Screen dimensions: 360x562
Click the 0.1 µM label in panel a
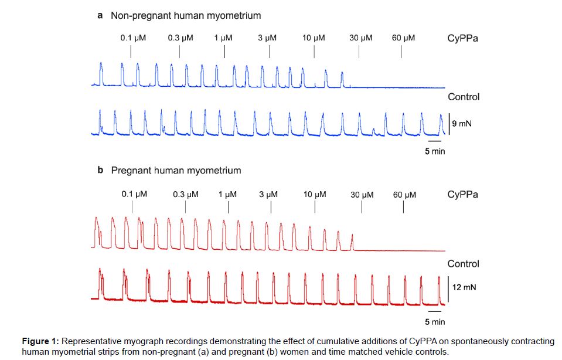point(133,38)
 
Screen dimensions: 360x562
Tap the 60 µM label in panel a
point(403,38)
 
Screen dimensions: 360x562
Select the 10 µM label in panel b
point(315,194)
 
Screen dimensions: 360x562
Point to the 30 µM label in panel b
point(362,194)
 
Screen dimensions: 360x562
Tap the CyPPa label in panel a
point(462,38)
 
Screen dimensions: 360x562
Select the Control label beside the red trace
point(463,264)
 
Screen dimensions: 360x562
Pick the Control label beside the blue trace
point(464,97)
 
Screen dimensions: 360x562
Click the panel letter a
point(100,15)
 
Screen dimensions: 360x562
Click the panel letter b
point(100,171)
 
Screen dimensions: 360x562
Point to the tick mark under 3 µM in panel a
point(270,52)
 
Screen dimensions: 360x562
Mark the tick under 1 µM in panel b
point(229,207)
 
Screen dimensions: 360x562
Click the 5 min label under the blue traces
point(435,152)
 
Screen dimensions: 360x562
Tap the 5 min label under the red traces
point(435,322)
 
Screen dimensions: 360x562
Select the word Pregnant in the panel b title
point(131,171)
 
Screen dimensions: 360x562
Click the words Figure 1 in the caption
point(40,341)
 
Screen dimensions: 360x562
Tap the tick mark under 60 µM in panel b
point(404,207)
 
